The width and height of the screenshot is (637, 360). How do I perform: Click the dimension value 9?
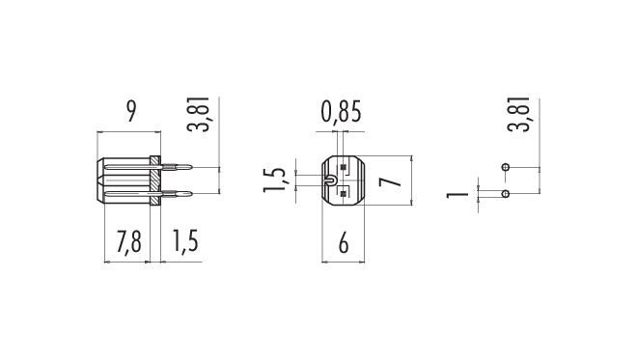pos(131,111)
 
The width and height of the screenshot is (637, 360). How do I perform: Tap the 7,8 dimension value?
pos(128,241)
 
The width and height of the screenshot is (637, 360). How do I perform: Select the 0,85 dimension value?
pos(341,112)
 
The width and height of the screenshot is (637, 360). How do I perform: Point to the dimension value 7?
pos(391,180)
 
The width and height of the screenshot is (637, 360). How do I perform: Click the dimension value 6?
pos(344,243)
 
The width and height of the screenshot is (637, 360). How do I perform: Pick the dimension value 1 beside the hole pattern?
pos(457,194)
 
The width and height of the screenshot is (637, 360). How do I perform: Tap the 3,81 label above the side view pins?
pos(198,115)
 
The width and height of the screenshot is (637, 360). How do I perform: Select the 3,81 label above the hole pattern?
pos(519,114)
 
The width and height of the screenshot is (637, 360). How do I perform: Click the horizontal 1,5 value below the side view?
pos(185,241)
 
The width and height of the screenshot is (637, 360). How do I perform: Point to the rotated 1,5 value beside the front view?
pos(275,180)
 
